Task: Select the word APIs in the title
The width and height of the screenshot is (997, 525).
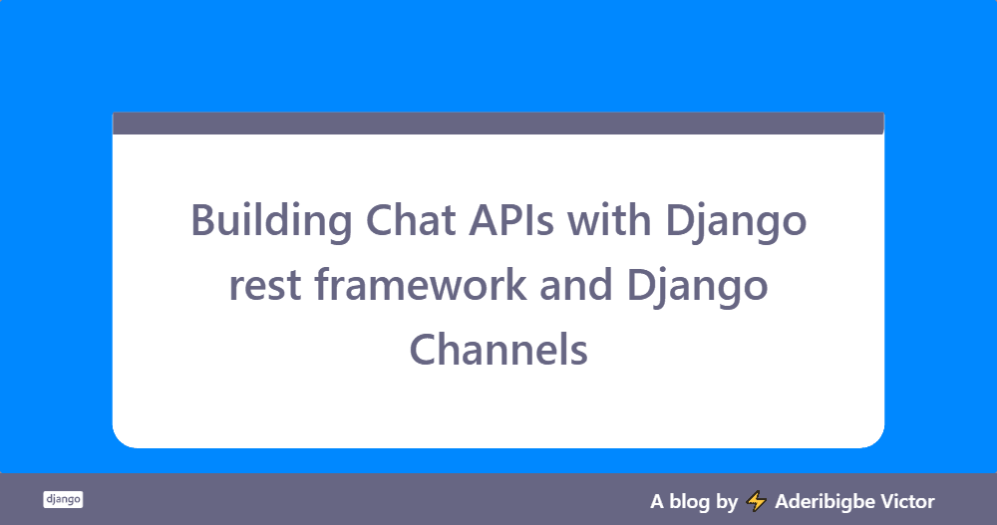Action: (511, 220)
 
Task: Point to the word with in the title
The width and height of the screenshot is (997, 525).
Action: (609, 219)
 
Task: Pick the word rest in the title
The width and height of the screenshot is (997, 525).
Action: (265, 286)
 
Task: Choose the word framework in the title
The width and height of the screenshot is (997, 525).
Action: (421, 284)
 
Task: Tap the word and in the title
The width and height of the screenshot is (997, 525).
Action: (576, 284)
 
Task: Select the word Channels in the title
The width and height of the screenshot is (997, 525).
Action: (498, 349)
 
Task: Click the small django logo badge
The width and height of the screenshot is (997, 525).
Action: (63, 499)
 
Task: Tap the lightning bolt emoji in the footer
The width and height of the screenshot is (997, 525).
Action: (756, 501)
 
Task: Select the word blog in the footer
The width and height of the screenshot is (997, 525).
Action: (689, 502)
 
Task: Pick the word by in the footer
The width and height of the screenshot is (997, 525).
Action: (727, 502)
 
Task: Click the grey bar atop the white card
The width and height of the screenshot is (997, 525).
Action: (498, 124)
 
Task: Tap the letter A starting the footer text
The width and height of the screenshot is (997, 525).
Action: (657, 502)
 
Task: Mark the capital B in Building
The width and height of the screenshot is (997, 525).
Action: (203, 220)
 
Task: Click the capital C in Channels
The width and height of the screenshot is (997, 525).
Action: (424, 350)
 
